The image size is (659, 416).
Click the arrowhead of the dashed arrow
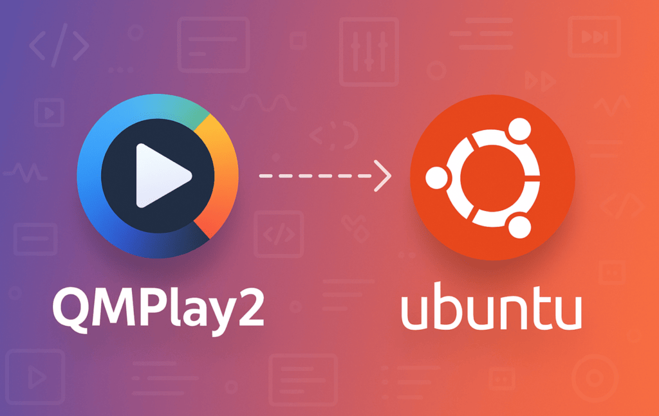384,175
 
